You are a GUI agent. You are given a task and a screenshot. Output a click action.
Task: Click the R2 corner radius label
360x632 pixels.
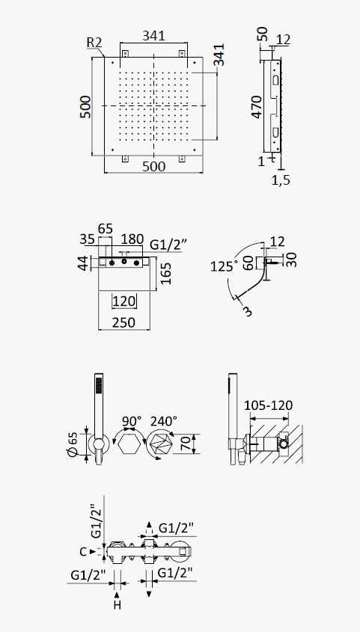[x=94, y=43]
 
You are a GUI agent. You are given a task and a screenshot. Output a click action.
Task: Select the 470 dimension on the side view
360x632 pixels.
[x=257, y=107]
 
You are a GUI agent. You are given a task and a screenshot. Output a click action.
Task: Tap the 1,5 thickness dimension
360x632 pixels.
[x=281, y=180]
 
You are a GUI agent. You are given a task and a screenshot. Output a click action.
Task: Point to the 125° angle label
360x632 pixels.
[x=224, y=266]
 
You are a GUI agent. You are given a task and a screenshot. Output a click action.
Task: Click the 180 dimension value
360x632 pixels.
[x=132, y=239]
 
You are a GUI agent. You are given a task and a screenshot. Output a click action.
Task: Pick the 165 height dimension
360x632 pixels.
[x=165, y=273]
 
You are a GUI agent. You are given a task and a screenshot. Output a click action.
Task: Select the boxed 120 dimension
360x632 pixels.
[x=124, y=301]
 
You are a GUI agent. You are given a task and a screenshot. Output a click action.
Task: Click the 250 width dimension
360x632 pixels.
[x=124, y=322]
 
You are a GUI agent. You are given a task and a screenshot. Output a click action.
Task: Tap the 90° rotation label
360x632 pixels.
[x=132, y=421]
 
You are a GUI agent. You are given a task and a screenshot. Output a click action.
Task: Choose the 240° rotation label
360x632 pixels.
[x=164, y=421]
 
